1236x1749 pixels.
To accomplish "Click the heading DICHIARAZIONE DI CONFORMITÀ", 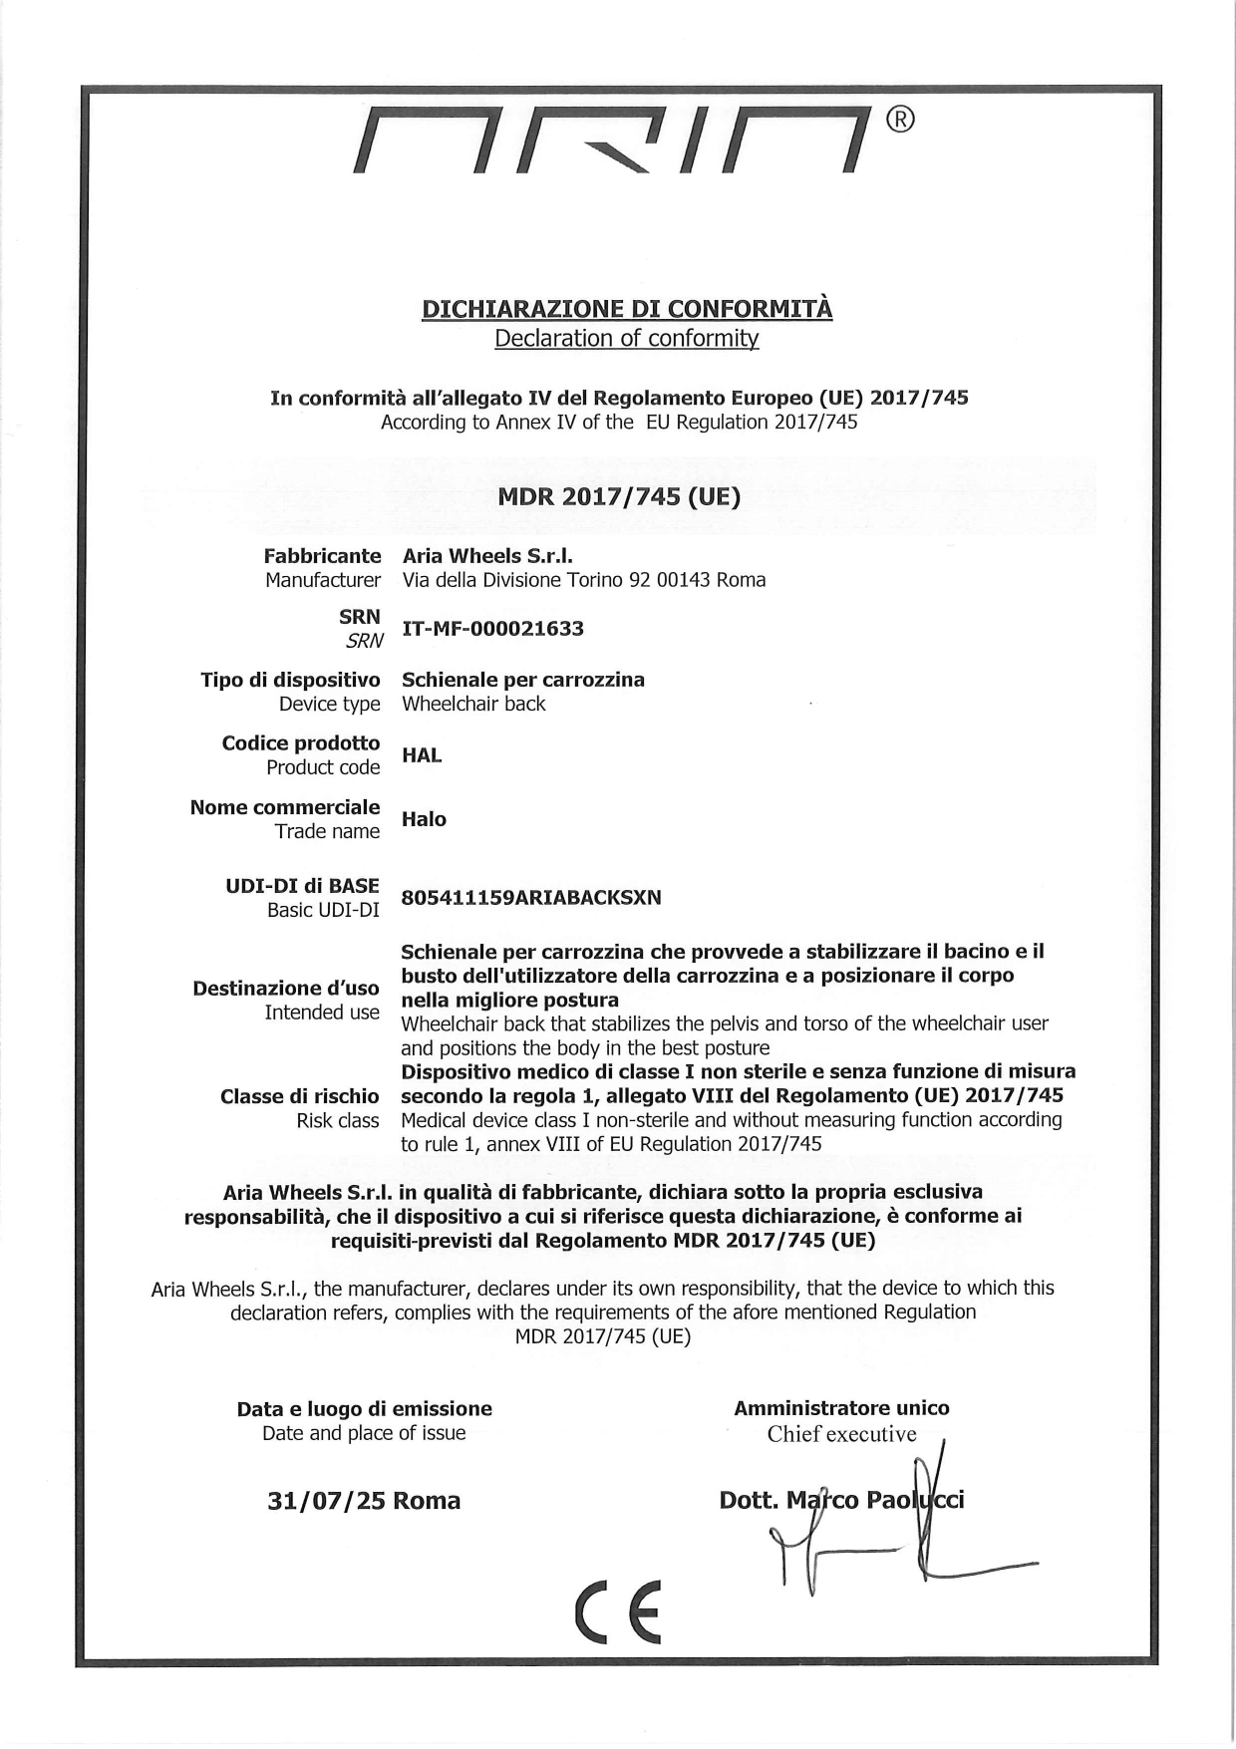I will (x=627, y=309).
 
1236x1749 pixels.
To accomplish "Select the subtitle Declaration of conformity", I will (x=627, y=338).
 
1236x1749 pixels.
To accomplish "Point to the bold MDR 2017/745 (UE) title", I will (x=619, y=496).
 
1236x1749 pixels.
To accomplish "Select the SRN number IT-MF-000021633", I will (x=492, y=629).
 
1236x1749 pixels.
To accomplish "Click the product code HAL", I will (x=422, y=755).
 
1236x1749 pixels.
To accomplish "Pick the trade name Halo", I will (x=424, y=819).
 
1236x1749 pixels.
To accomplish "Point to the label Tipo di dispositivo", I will (x=290, y=680).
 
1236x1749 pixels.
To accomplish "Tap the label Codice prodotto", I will (x=301, y=743).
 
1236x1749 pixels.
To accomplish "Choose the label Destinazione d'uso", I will (x=286, y=989).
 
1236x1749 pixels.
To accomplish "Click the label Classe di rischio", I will (x=299, y=1096).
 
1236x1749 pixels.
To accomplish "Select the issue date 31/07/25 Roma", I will (x=364, y=1501).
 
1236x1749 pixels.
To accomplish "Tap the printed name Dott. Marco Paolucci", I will (x=841, y=1500).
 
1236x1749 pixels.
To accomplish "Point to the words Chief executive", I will (x=841, y=1434).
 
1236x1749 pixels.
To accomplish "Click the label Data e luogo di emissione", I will (x=364, y=1409).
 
